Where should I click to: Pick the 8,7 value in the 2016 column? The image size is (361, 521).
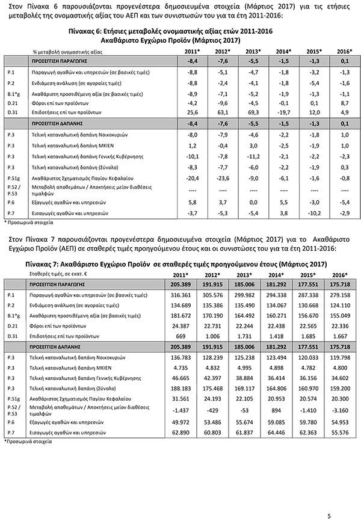[344, 103]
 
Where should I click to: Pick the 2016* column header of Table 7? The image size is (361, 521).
[341, 274]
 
